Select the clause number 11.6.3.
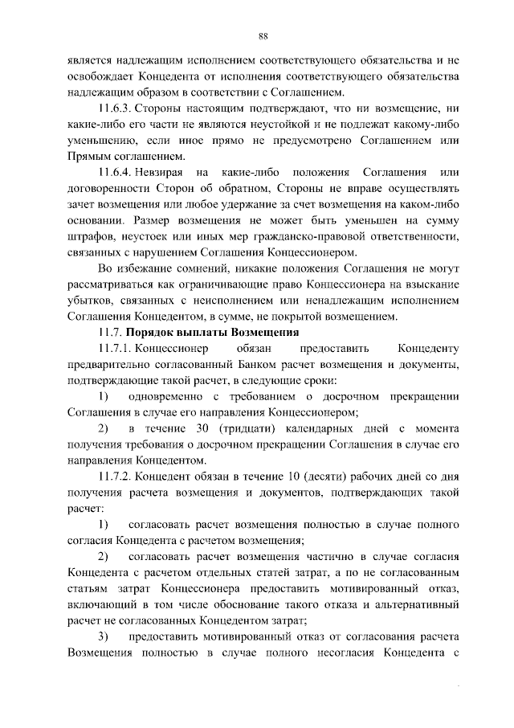113,108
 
